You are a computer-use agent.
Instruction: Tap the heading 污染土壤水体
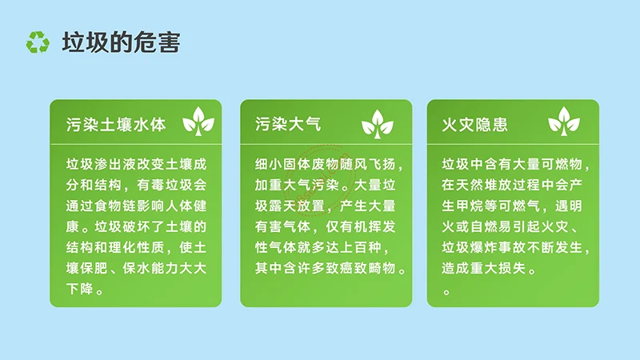click(116, 125)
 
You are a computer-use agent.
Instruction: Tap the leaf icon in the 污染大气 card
click(378, 122)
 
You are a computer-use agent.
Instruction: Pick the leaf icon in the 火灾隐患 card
click(564, 122)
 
